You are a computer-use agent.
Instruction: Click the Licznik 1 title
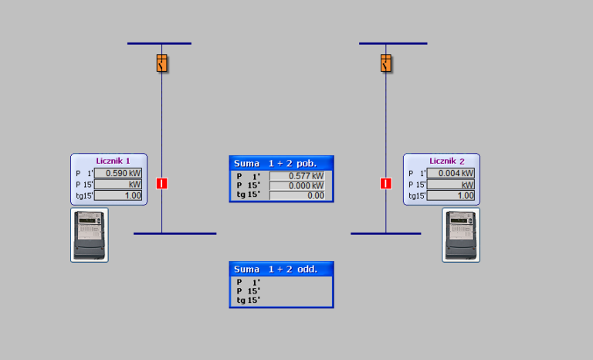[x=113, y=161]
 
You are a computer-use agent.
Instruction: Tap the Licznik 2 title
[x=447, y=161]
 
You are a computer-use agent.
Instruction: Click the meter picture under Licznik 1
[x=90, y=235]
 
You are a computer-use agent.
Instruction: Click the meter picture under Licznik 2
[x=461, y=235]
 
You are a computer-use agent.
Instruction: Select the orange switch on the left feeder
[x=161, y=63]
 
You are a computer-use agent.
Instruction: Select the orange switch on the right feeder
[x=385, y=63]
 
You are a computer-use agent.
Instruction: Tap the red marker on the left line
[x=161, y=183]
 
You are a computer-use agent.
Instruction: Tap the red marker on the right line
[x=385, y=183]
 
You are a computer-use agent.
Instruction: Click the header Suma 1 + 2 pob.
[x=281, y=163]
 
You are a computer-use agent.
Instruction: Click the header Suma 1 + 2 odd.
[x=281, y=269]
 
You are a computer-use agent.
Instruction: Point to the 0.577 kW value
[x=297, y=176]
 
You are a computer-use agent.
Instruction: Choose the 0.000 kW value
[x=297, y=185]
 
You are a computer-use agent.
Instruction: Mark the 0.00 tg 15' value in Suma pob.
[x=297, y=195]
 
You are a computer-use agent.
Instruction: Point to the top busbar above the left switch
[x=159, y=43]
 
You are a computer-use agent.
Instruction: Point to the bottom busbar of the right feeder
[x=385, y=233]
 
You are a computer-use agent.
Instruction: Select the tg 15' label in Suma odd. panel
[x=249, y=300]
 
